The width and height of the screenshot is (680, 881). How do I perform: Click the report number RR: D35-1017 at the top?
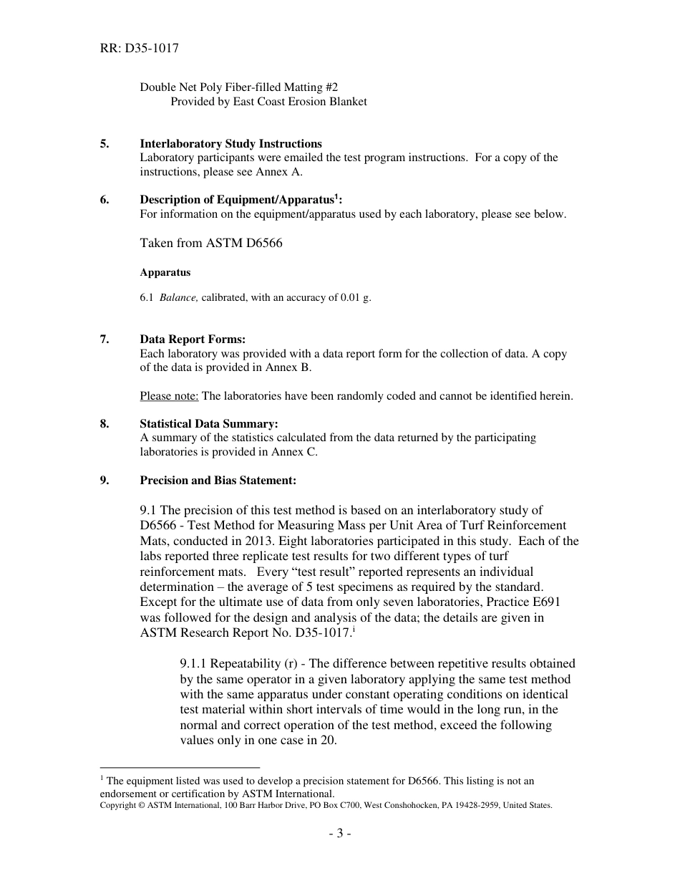click(x=139, y=49)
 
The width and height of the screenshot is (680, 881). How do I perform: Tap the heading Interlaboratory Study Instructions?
click(x=230, y=143)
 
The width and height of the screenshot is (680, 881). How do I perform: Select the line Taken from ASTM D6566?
click(x=211, y=243)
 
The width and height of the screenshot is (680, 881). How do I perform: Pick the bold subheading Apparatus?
click(x=165, y=272)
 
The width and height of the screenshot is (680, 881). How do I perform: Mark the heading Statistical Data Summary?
click(x=209, y=424)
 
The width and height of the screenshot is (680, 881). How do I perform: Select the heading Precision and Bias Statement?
click(x=218, y=480)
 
